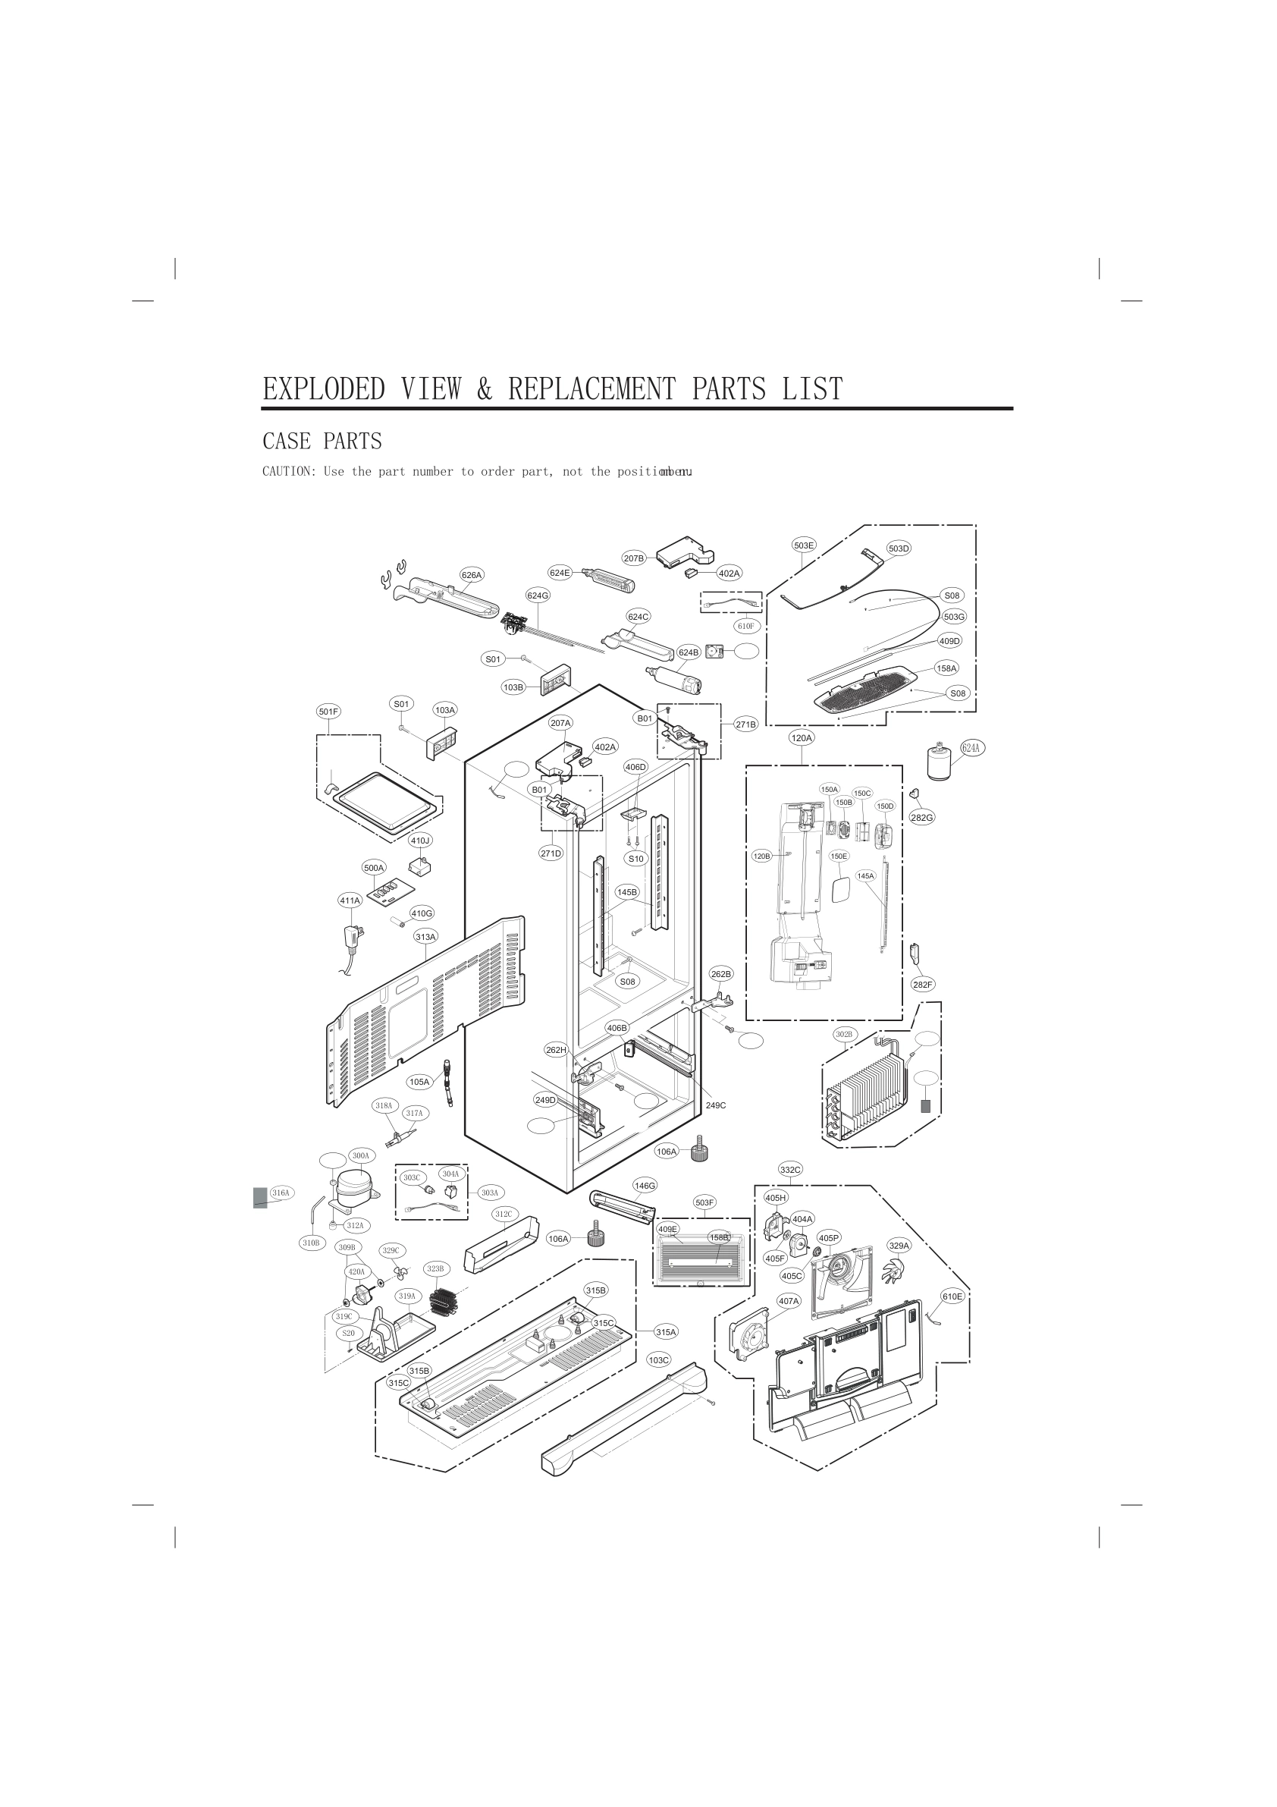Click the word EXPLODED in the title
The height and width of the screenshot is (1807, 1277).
pyautogui.click(x=323, y=389)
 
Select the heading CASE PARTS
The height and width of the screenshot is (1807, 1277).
pyautogui.click(x=322, y=441)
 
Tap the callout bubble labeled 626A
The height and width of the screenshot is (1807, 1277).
pyautogui.click(x=472, y=574)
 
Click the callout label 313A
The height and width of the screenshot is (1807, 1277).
pyautogui.click(x=425, y=937)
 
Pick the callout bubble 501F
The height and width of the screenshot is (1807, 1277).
pyautogui.click(x=328, y=712)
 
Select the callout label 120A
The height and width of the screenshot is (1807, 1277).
pyautogui.click(x=801, y=737)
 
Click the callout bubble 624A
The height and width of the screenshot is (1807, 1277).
pyautogui.click(x=971, y=747)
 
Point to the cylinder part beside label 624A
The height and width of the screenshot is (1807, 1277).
pyautogui.click(x=940, y=762)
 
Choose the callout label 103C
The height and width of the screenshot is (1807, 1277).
pyautogui.click(x=658, y=1359)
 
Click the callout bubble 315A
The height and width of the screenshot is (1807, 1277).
pyautogui.click(x=666, y=1331)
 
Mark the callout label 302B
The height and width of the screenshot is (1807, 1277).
pyautogui.click(x=844, y=1033)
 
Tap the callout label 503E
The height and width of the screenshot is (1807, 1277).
pyautogui.click(x=803, y=545)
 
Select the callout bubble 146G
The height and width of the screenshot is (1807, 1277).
pyautogui.click(x=645, y=1185)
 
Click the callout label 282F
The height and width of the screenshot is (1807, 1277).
pyautogui.click(x=922, y=984)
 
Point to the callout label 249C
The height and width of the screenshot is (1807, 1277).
pyautogui.click(x=715, y=1105)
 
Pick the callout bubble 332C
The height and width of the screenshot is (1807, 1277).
pyautogui.click(x=790, y=1170)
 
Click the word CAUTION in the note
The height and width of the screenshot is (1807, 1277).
pyautogui.click(x=288, y=471)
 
